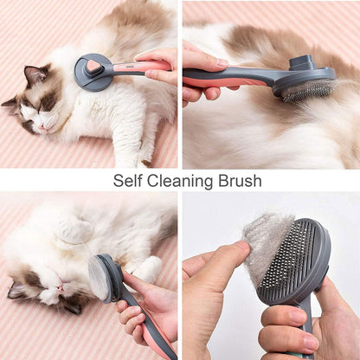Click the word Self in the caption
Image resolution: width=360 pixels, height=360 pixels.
(x=127, y=181)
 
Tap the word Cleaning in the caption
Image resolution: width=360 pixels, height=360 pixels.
(x=180, y=182)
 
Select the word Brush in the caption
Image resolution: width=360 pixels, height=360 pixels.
(x=240, y=181)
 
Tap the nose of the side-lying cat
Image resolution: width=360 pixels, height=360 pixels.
(x=42, y=126)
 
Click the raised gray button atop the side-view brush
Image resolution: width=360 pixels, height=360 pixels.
(x=300, y=63)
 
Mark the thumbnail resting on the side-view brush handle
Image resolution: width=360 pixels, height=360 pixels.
(x=222, y=62)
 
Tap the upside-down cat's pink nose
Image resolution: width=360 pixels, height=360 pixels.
(x=60, y=287)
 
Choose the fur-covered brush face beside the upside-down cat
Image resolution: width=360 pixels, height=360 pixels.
(x=98, y=278)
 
